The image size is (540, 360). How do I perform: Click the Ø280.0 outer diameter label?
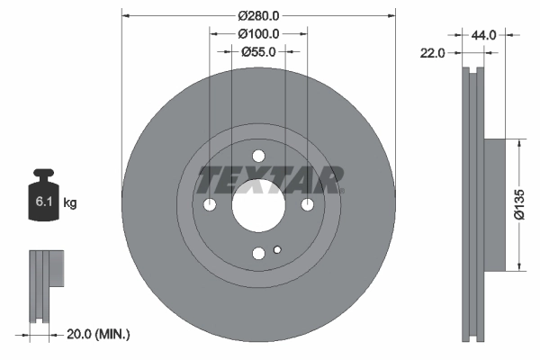258,15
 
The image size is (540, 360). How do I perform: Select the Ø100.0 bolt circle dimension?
258,33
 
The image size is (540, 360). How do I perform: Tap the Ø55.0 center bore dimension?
258,51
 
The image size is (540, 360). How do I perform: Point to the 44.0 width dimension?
484,35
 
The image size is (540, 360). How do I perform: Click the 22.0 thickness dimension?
434,53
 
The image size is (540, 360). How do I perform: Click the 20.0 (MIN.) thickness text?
99,335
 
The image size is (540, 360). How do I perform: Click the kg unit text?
70,204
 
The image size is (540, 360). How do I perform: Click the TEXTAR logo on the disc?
271,180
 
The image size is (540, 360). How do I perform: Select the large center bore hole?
258,205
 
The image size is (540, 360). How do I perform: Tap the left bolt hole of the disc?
210,205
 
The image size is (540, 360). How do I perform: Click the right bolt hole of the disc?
307,205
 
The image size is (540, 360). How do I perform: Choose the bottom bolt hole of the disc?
258,254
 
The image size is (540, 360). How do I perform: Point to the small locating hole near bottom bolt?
278,250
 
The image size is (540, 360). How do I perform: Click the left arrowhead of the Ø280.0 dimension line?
125,15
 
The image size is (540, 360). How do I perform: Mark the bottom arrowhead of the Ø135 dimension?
519,266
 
